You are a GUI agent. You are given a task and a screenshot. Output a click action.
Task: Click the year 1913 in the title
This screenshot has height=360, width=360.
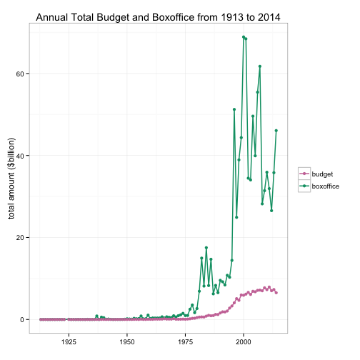click(x=231, y=18)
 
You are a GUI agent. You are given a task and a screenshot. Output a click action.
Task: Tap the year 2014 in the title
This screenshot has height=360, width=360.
click(x=269, y=18)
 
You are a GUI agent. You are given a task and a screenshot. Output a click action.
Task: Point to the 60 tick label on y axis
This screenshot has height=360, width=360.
click(x=20, y=74)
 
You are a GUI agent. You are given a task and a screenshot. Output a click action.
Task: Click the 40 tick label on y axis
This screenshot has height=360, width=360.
click(x=20, y=156)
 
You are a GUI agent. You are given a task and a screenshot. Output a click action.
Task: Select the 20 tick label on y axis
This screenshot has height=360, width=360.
click(x=20, y=238)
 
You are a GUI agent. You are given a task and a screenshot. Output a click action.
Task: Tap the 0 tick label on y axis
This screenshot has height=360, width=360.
click(x=22, y=319)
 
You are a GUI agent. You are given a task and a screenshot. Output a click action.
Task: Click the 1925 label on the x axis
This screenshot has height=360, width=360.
click(x=69, y=342)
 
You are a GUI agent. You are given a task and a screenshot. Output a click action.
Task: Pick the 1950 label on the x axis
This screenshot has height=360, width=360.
click(x=127, y=342)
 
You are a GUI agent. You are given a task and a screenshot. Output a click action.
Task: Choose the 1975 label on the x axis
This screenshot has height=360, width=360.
click(x=185, y=342)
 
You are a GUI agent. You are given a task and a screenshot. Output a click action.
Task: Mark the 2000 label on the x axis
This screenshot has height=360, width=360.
click(x=244, y=342)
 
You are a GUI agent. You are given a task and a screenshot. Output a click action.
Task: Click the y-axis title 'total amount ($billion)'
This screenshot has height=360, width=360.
click(x=11, y=179)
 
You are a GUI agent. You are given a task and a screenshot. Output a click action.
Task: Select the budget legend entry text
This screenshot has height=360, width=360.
click(x=322, y=174)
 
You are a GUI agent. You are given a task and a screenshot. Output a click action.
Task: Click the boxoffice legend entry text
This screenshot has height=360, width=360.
click(x=326, y=186)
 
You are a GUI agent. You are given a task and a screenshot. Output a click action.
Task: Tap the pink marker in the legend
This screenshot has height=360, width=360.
click(x=304, y=174)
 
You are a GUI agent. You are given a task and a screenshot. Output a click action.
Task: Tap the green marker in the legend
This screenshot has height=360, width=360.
click(x=304, y=186)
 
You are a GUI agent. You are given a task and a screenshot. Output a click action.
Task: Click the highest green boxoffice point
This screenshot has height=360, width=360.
click(x=244, y=37)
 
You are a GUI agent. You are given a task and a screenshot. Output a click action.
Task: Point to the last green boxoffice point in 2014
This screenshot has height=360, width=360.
click(x=276, y=131)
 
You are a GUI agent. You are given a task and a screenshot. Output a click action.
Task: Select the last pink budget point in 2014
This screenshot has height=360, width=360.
click(x=276, y=293)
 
